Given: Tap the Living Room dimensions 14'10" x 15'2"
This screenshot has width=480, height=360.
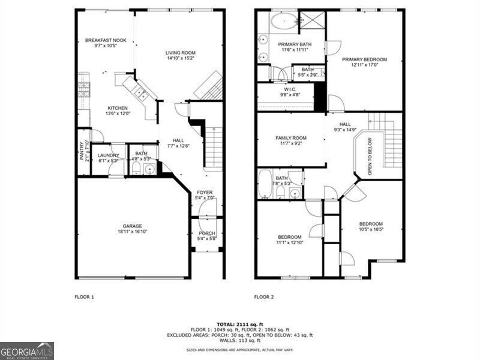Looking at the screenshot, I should [181, 59].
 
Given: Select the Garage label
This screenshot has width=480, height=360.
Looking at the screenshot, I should [133, 226].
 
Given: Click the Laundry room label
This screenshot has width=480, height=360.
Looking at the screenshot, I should [108, 155].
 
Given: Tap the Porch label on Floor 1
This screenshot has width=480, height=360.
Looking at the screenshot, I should [206, 233].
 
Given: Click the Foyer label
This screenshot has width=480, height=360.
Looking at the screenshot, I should [205, 192].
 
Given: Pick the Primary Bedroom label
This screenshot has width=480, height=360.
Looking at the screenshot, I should [364, 59].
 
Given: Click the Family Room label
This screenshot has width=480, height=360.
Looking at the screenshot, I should [290, 138].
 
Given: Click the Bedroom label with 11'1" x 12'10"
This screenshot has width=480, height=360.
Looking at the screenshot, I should [290, 236].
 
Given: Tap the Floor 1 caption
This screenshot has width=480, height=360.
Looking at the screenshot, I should [84, 297].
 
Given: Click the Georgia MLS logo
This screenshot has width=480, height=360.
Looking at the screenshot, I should [27, 350].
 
